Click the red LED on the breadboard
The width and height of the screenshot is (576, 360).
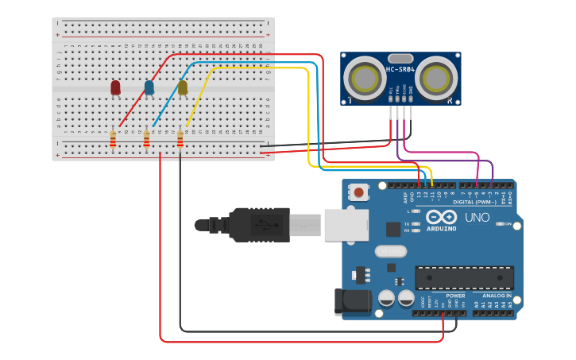pyautogui.click(x=115, y=87)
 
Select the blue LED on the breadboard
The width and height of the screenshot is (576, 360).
pyautogui.click(x=149, y=87)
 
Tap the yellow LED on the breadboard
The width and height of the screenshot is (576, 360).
pyautogui.click(x=183, y=87)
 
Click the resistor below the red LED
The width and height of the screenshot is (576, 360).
pyautogui.click(x=113, y=140)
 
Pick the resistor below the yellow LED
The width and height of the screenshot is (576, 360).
pyautogui.click(x=180, y=140)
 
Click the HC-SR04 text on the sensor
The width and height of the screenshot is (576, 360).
pyautogui.click(x=400, y=69)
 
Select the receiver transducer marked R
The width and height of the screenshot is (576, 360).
pyautogui.click(x=437, y=78)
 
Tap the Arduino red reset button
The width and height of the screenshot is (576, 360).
pyautogui.click(x=360, y=192)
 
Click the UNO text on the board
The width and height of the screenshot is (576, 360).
pyautogui.click(x=477, y=217)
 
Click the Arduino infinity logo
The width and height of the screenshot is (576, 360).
pyautogui.click(x=441, y=217)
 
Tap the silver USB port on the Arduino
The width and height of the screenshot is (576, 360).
pyautogui.click(x=346, y=224)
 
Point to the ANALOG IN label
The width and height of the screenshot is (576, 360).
pyautogui.click(x=496, y=295)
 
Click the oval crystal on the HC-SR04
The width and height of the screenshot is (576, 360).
pyautogui.click(x=401, y=58)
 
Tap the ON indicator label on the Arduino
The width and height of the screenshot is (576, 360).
pyautogui.click(x=508, y=223)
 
